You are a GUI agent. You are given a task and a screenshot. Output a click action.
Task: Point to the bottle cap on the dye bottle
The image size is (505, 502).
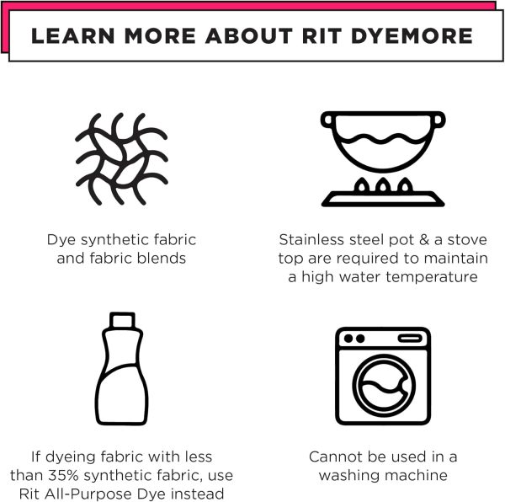[123, 319]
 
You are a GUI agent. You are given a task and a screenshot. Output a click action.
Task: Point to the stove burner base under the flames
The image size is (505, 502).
[383, 200]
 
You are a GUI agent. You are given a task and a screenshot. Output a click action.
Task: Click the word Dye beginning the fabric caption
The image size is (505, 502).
[61, 238]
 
